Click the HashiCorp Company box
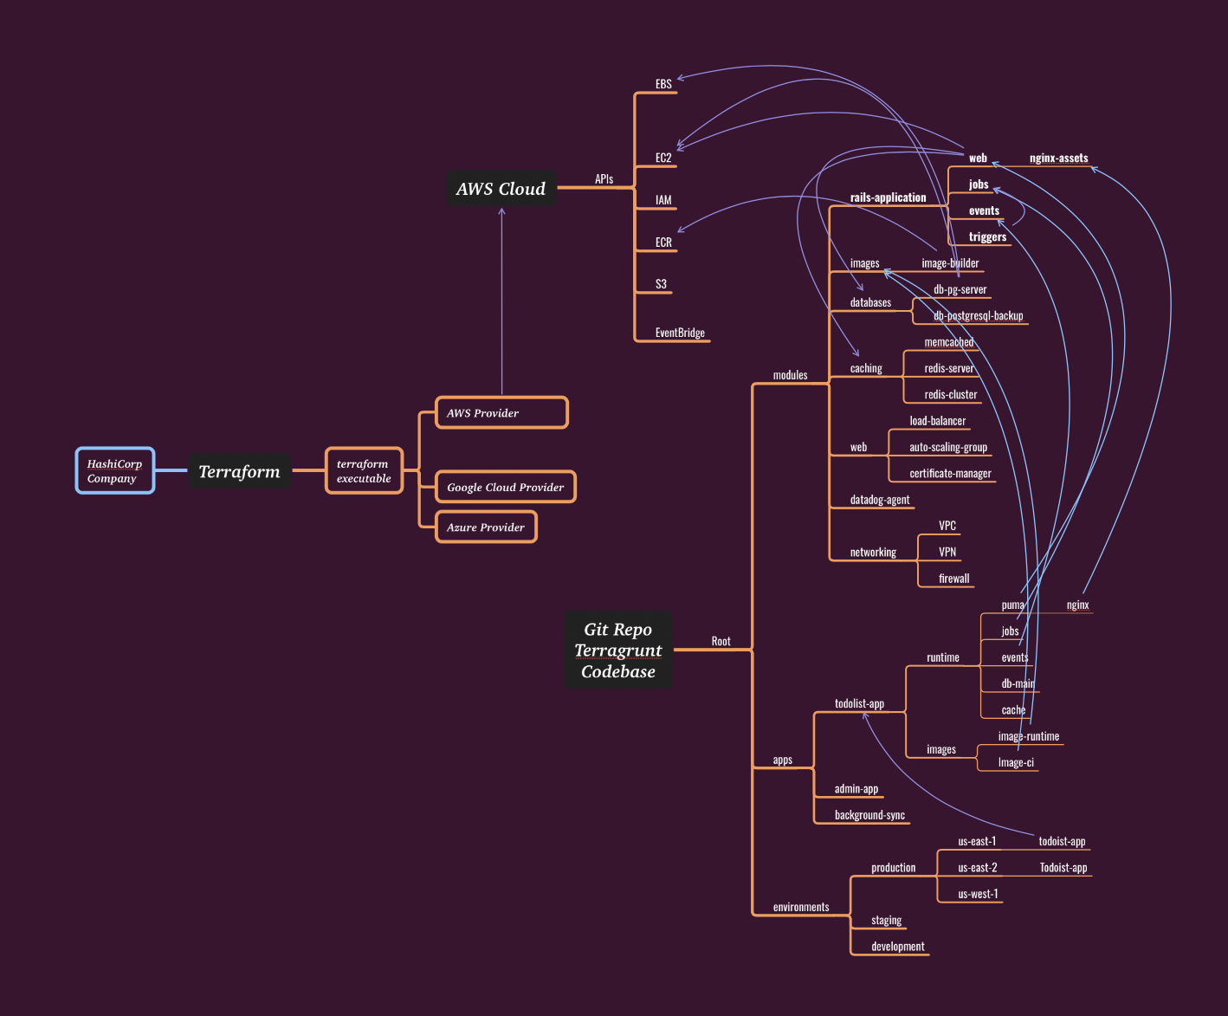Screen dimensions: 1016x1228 click(x=114, y=470)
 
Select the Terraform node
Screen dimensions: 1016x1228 click(x=239, y=471)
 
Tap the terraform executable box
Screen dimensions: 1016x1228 click(x=364, y=470)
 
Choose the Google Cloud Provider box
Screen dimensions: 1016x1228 click(x=505, y=487)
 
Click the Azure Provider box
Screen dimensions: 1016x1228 click(x=485, y=527)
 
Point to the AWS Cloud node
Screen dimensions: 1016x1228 click(x=501, y=189)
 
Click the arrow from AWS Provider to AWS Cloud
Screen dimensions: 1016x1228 click(x=501, y=303)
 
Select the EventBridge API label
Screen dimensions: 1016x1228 click(x=680, y=333)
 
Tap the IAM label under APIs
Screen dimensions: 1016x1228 click(x=663, y=200)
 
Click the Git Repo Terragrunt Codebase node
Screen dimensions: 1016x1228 click(x=617, y=650)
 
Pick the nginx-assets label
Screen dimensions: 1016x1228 click(x=1058, y=159)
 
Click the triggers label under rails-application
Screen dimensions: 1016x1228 click(x=987, y=236)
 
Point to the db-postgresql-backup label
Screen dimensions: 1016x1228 click(x=978, y=316)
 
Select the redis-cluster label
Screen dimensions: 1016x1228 click(x=950, y=395)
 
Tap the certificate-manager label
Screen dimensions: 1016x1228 click(x=950, y=474)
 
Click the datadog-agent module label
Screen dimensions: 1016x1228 click(x=879, y=500)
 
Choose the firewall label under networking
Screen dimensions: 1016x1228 click(x=953, y=579)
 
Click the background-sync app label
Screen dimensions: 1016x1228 click(x=869, y=815)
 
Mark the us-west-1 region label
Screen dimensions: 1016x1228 click(x=978, y=894)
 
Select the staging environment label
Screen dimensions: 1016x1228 click(x=886, y=920)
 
